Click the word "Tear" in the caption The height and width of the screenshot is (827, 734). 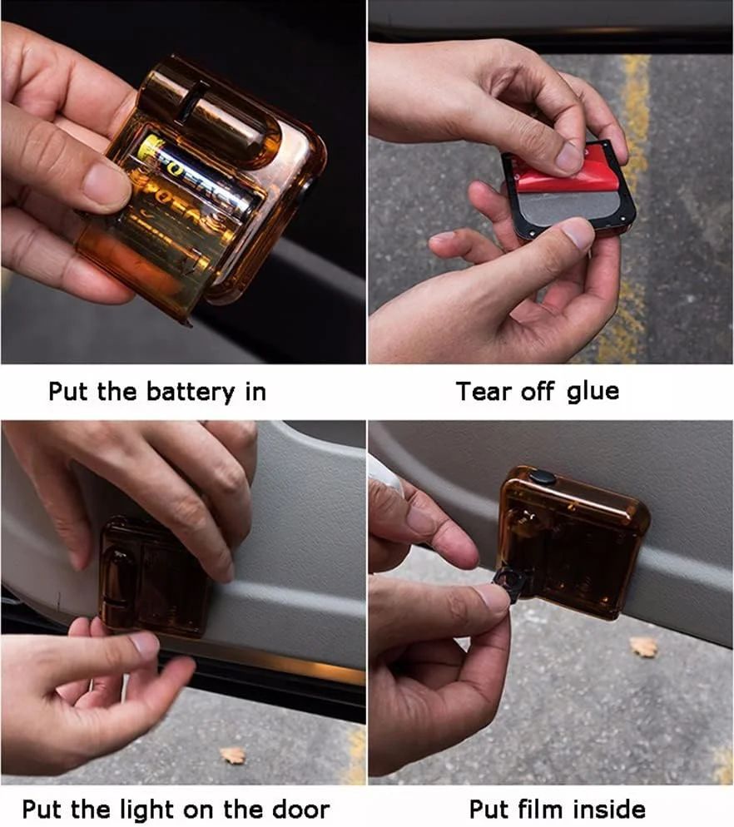pyautogui.click(x=484, y=392)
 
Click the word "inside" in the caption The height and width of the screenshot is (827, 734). pyautogui.click(x=606, y=809)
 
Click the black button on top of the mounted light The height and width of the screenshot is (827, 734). pyautogui.click(x=543, y=478)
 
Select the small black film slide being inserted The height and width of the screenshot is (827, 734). pyautogui.click(x=511, y=582)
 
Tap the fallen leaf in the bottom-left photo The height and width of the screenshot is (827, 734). pyautogui.click(x=233, y=755)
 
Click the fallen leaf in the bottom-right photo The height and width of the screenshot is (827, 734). pyautogui.click(x=643, y=646)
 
